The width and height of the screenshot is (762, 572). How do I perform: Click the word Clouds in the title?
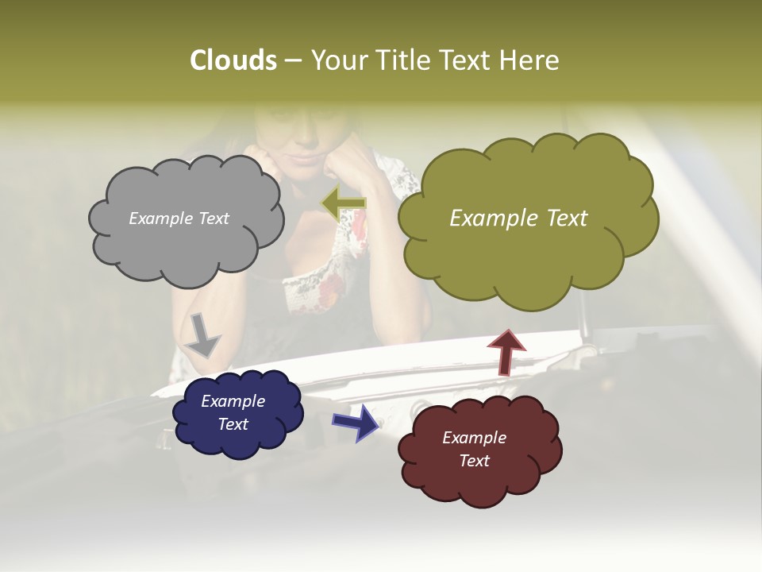[233, 60]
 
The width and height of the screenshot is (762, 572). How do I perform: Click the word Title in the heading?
[400, 60]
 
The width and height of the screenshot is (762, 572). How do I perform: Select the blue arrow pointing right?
[356, 422]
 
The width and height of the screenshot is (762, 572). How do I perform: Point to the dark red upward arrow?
[506, 351]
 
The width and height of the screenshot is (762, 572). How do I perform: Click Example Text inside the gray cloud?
[179, 218]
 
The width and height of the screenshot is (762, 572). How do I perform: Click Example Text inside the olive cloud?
[518, 218]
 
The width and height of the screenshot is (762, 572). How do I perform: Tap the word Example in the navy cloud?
[233, 401]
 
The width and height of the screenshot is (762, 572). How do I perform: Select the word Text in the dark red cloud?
[474, 461]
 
